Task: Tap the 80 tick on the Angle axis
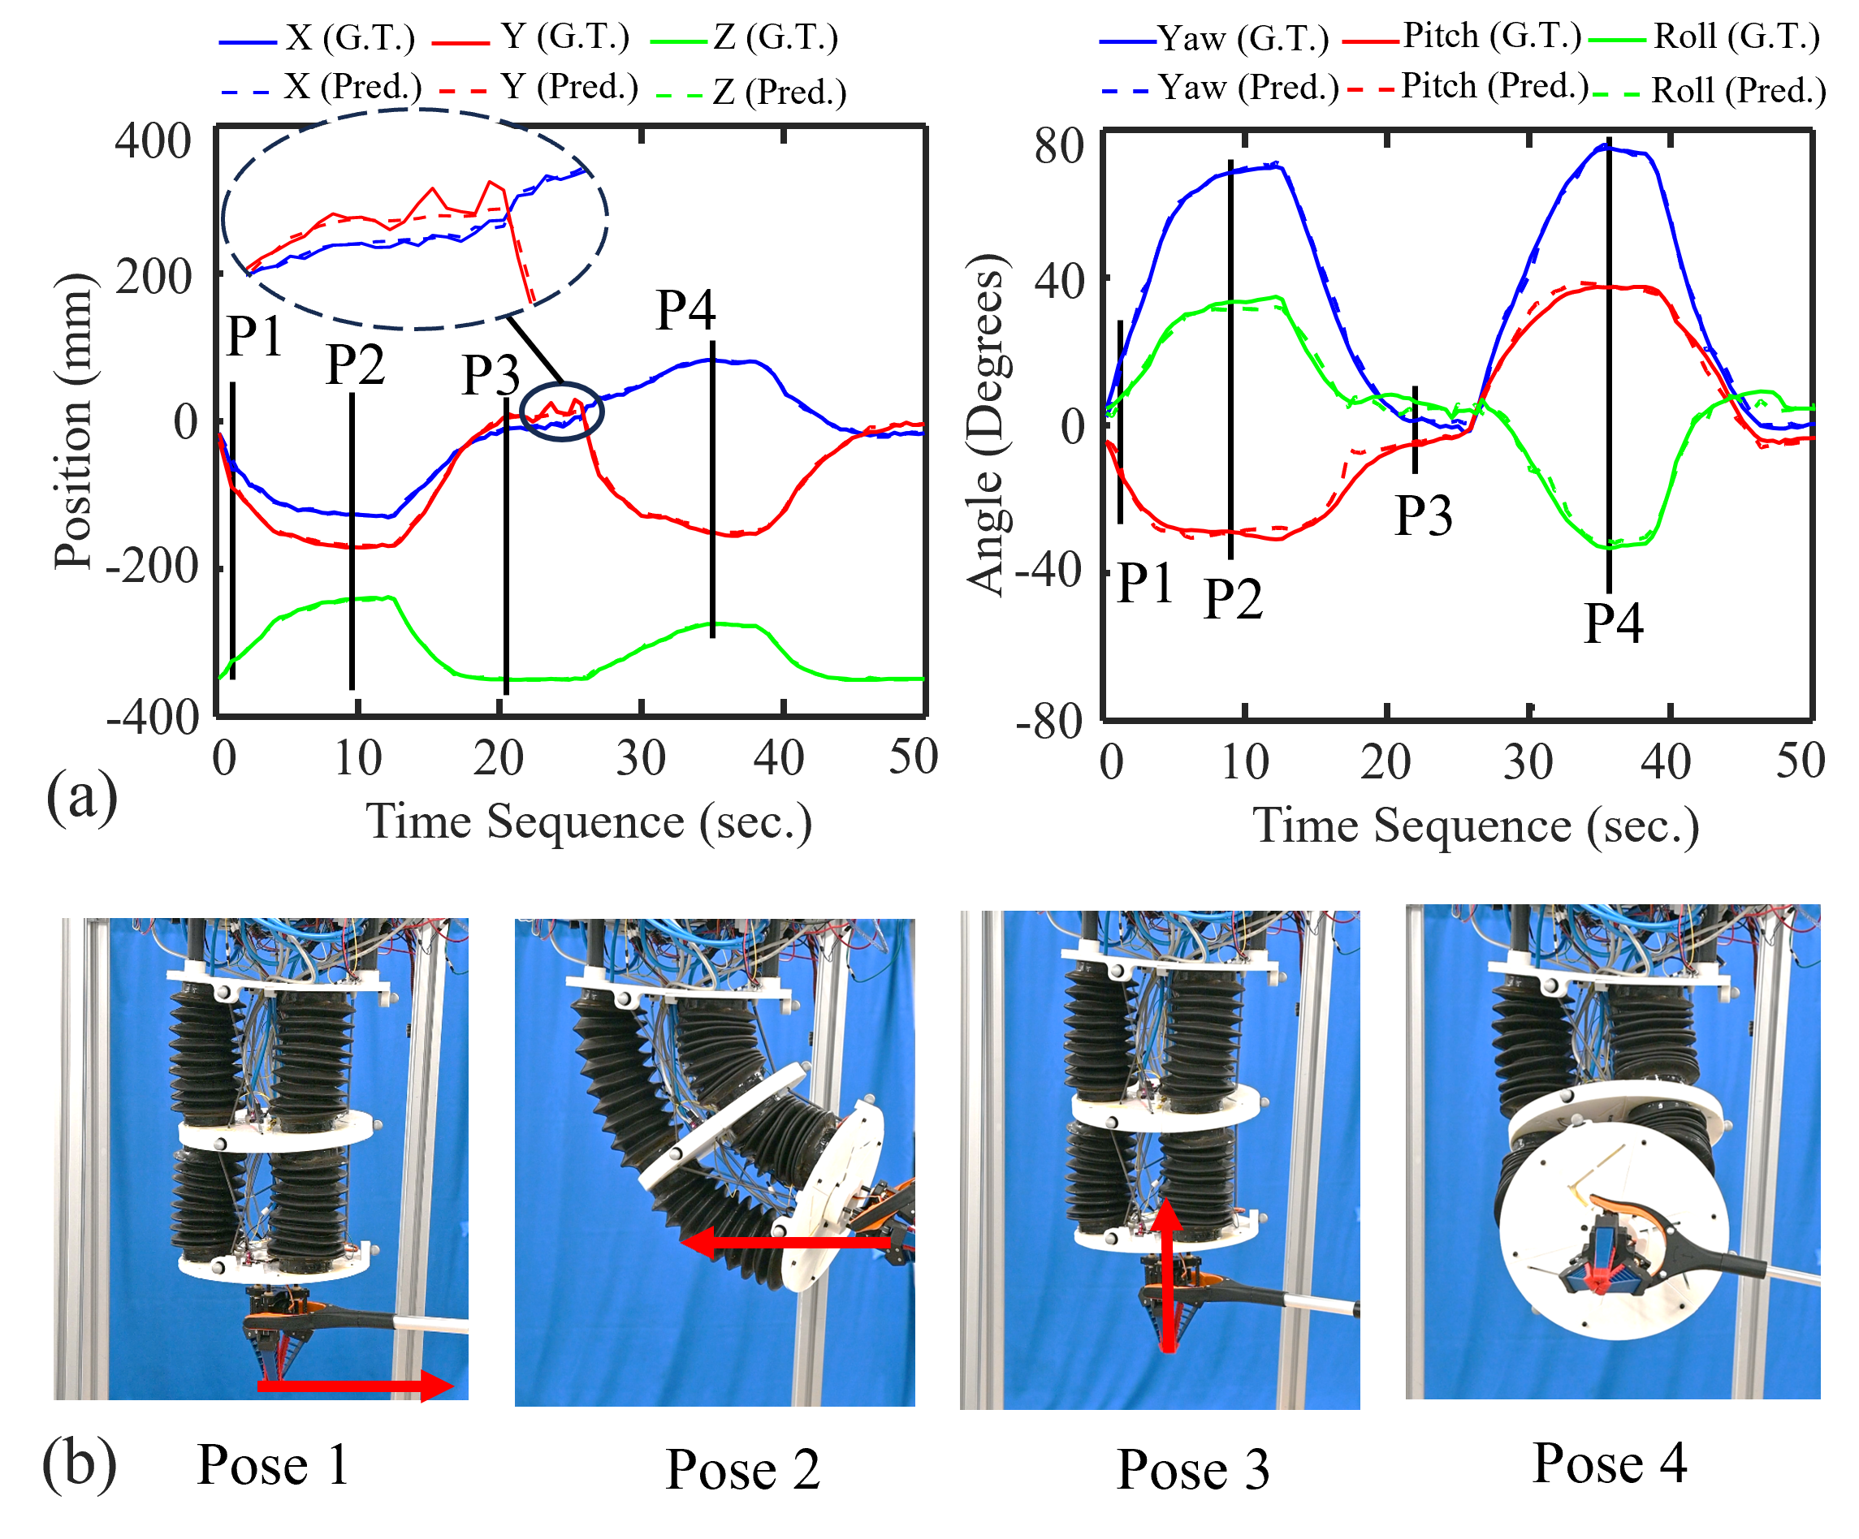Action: (1060, 146)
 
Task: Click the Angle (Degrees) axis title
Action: (985, 425)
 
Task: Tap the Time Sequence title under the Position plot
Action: (589, 821)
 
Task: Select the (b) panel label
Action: (80, 1464)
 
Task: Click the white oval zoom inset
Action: (413, 219)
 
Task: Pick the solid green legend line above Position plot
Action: (679, 41)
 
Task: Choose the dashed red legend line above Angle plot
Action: (1370, 90)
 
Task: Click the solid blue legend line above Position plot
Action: (248, 41)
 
